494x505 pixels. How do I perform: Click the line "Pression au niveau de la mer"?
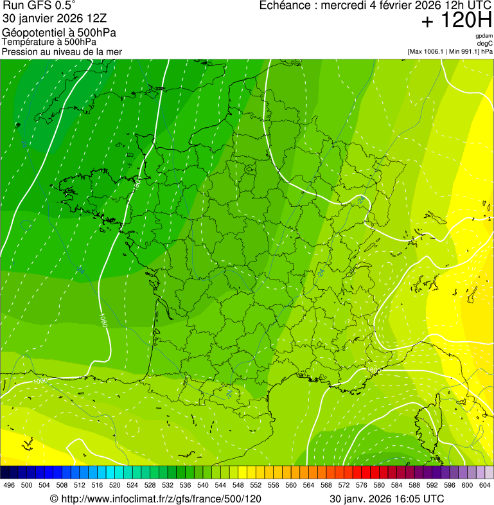point(62,51)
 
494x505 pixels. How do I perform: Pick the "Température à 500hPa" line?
point(49,42)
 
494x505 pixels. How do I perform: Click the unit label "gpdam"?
point(484,36)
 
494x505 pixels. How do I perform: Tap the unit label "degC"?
point(485,43)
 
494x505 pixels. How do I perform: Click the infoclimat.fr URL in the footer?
point(161,499)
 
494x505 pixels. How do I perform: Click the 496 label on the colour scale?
point(9,486)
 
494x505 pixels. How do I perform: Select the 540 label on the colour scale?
point(203,486)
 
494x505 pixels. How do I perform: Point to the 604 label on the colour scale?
point(485,486)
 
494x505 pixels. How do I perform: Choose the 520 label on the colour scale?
point(115,486)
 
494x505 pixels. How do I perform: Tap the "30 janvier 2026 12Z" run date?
point(55,19)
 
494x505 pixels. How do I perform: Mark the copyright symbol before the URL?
point(54,499)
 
